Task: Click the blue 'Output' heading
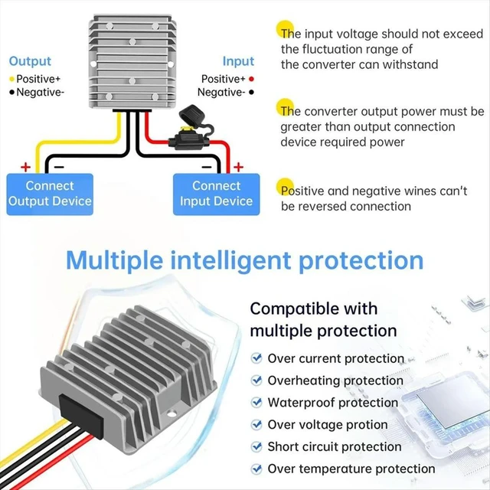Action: pyautogui.click(x=30, y=61)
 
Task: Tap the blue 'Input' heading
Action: pyautogui.click(x=238, y=61)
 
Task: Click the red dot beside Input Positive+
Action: pyautogui.click(x=251, y=79)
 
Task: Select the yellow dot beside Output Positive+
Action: pyautogui.click(x=12, y=79)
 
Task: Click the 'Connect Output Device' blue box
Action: pyautogui.click(x=50, y=194)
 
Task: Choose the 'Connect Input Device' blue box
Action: pyautogui.click(x=216, y=194)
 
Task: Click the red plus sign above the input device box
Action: pyautogui.click(x=238, y=167)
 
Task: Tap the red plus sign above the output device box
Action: pyautogui.click(x=25, y=167)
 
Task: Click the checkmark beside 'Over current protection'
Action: pyautogui.click(x=256, y=358)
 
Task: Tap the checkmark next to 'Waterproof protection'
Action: pyautogui.click(x=256, y=402)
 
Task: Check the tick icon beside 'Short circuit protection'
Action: pyautogui.click(x=256, y=446)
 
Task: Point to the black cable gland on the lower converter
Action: pyautogui.click(x=82, y=412)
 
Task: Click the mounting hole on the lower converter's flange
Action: pyautogui.click(x=171, y=414)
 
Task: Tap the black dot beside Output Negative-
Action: pyautogui.click(x=12, y=92)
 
